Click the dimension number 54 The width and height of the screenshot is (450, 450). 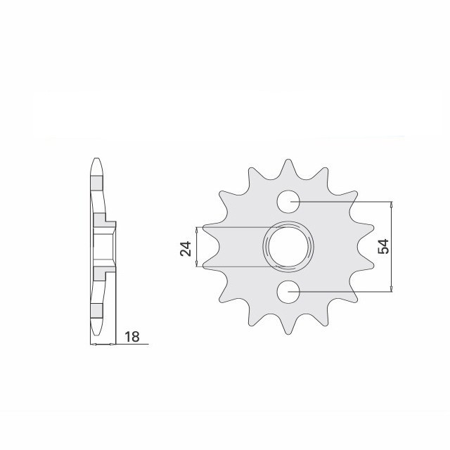(x=383, y=246)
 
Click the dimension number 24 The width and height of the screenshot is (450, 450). (x=186, y=247)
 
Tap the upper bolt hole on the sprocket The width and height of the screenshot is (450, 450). (x=288, y=202)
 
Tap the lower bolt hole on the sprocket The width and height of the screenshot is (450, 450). (x=288, y=290)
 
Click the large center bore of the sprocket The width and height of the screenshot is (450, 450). (x=287, y=245)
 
